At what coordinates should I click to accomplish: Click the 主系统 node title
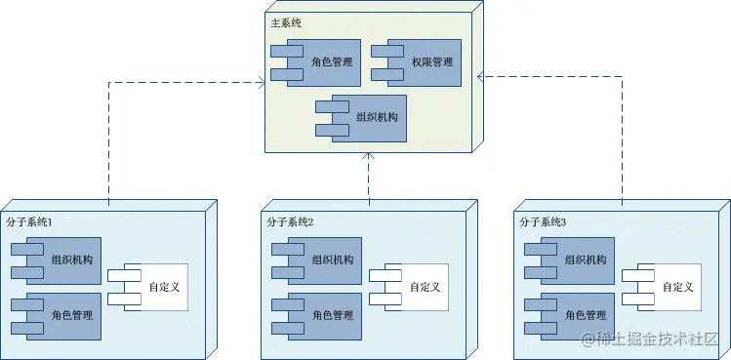[x=284, y=22]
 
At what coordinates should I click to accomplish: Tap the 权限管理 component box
[x=426, y=62]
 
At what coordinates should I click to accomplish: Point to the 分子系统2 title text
[x=290, y=222]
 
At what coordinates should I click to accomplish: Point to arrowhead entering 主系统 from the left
[x=261, y=83]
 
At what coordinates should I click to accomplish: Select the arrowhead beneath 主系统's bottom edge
[x=368, y=158]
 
